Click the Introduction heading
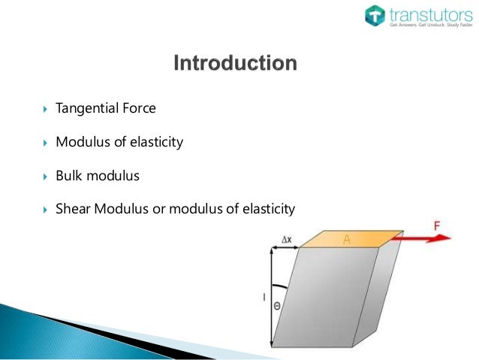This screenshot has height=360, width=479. (235, 62)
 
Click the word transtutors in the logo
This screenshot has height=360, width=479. (427, 13)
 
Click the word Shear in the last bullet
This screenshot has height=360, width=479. (73, 207)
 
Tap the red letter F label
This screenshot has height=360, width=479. (437, 225)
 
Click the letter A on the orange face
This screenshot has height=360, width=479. (347, 239)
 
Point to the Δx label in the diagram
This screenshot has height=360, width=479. (286, 239)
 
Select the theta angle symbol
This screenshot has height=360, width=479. (277, 307)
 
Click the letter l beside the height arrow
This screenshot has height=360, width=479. (263, 298)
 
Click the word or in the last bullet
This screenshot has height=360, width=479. (158, 207)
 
